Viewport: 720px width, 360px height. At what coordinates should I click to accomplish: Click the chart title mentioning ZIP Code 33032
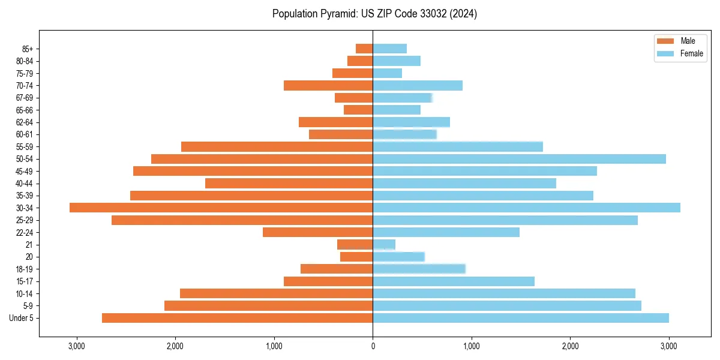[374, 14]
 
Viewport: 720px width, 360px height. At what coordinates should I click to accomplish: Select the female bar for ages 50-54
[519, 159]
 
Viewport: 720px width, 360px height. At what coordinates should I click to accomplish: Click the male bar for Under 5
[237, 318]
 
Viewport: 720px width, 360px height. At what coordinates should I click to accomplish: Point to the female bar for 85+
[389, 49]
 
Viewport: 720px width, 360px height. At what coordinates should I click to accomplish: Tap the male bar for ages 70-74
[328, 86]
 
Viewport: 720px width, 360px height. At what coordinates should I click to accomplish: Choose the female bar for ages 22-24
[446, 232]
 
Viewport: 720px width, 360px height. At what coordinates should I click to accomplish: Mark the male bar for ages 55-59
[277, 146]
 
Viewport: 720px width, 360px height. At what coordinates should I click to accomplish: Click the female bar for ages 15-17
[453, 281]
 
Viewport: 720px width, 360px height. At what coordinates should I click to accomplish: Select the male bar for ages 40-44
[289, 183]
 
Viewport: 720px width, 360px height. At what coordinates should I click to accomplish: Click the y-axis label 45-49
[25, 171]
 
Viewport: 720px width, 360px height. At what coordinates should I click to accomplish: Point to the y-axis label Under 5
[22, 318]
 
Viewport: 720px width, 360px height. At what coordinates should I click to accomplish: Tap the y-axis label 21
[29, 245]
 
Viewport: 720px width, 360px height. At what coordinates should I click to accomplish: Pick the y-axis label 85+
[26, 49]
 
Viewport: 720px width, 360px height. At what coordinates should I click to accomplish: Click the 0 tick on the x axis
[373, 346]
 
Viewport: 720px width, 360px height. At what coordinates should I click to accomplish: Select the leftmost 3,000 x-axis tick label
[76, 346]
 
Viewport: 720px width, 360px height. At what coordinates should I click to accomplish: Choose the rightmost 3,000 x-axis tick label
[669, 346]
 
